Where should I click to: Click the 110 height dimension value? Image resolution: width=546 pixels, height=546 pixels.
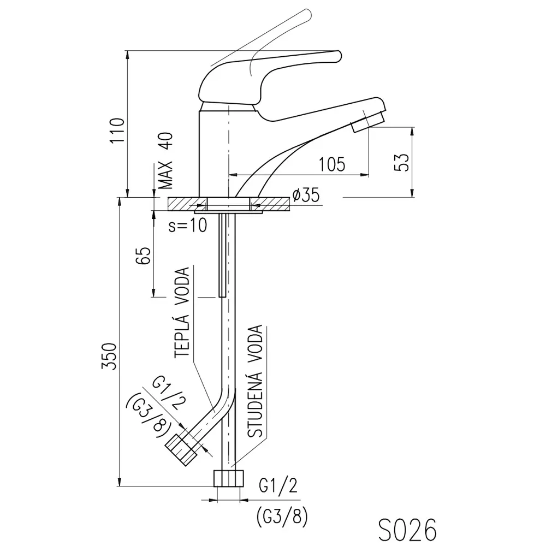click(x=117, y=130)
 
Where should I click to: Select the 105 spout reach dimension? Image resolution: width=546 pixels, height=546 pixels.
click(x=332, y=164)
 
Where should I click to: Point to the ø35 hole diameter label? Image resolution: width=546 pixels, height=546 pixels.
click(x=306, y=195)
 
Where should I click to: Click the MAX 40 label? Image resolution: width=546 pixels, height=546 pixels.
click(x=166, y=161)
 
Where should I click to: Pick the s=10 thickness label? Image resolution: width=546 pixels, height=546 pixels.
click(x=188, y=225)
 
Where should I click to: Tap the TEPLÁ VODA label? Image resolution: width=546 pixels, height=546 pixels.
click(x=182, y=312)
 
